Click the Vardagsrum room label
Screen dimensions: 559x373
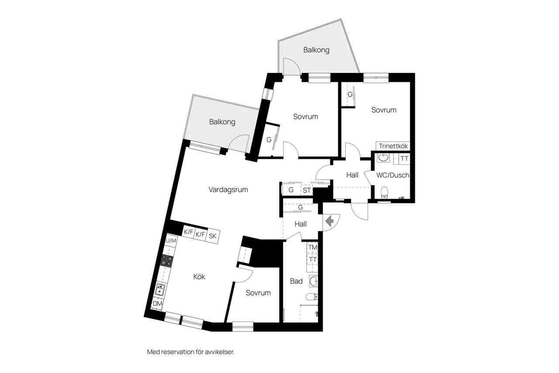coord(228,190)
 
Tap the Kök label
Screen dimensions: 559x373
coord(199,276)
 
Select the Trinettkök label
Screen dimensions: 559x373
coord(393,146)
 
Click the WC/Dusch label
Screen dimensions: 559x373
coord(393,175)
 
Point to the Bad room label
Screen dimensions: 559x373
coord(296,281)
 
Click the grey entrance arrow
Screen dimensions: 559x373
coord(329,221)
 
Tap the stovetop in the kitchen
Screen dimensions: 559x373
coord(167,260)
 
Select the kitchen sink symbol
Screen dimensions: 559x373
coord(160,290)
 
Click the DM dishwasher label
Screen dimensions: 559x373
coord(157,304)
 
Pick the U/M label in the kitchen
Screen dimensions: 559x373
coord(171,241)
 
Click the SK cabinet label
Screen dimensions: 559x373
coord(213,236)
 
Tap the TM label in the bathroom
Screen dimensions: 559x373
coord(312,248)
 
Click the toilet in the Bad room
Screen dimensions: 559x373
coord(312,297)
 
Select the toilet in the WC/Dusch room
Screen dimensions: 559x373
coord(385,192)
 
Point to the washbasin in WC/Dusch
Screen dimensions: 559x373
coord(383,158)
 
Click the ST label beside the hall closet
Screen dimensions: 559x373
coord(307,190)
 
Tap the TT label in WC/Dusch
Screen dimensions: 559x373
coord(404,159)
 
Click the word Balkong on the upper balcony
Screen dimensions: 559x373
coord(316,50)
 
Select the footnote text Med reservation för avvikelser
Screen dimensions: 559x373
coord(191,352)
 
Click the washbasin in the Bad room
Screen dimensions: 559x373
coord(314,281)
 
